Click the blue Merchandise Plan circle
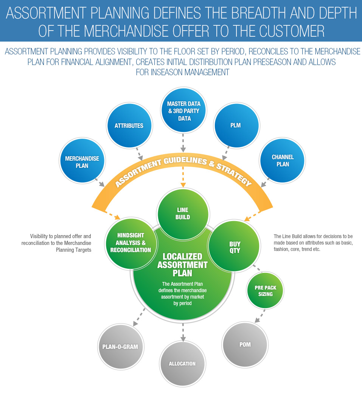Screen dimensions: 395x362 (x=82, y=161)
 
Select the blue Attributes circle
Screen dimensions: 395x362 (x=129, y=125)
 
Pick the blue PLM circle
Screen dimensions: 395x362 (x=236, y=125)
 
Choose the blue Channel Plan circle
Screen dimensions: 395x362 (x=282, y=161)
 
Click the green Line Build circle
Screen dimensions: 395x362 (x=183, y=214)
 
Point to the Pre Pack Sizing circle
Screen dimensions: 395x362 (x=265, y=291)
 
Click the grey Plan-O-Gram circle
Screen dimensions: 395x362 (x=120, y=347)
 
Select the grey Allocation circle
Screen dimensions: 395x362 (x=182, y=364)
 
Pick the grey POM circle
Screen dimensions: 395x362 (x=245, y=345)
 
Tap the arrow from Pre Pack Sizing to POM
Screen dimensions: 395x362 (x=259, y=317)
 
